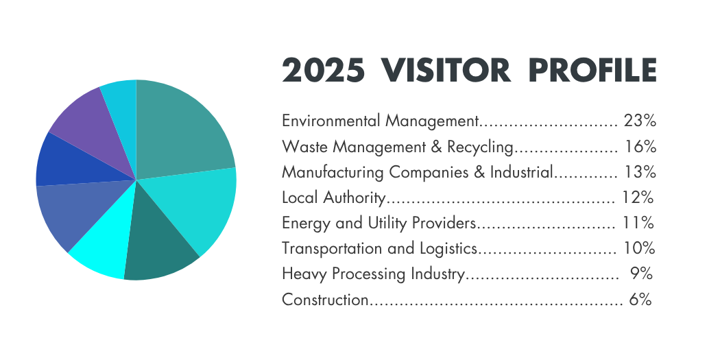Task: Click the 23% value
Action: pyautogui.click(x=640, y=121)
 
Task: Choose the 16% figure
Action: pyautogui.click(x=640, y=147)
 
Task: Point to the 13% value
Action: pyautogui.click(x=640, y=172)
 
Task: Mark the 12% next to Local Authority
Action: pyautogui.click(x=638, y=198)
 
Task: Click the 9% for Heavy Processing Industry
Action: pyautogui.click(x=640, y=274)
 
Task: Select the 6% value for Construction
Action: pyautogui.click(x=639, y=300)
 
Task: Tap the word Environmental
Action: pyautogui.click(x=331, y=121)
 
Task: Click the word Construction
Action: pyautogui.click(x=325, y=300)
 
